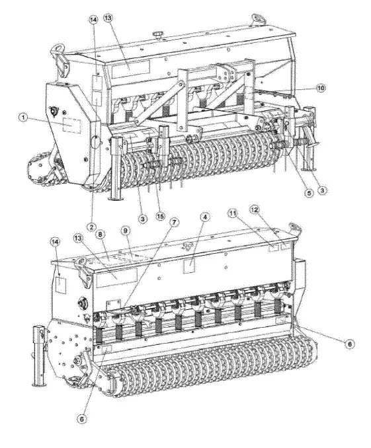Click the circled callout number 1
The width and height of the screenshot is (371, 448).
pyautogui.click(x=22, y=118)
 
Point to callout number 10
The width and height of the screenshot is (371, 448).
pyautogui.click(x=321, y=87)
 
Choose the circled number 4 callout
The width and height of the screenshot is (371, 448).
pyautogui.click(x=205, y=216)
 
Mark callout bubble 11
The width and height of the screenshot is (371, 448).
pyautogui.click(x=233, y=212)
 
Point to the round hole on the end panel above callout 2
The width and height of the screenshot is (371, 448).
pyautogui.click(x=94, y=141)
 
